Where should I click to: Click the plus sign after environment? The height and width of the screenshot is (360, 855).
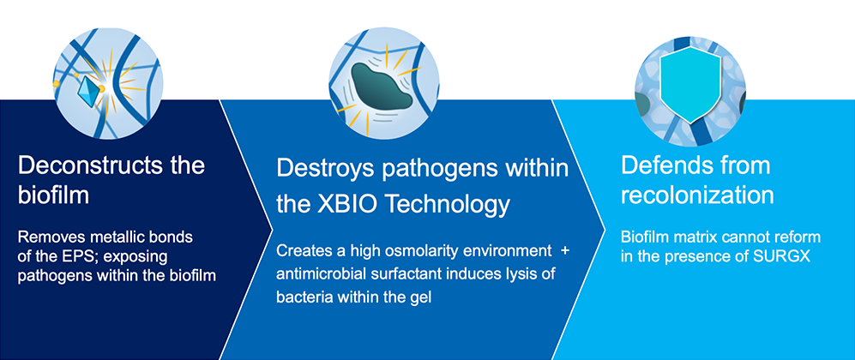[564, 251]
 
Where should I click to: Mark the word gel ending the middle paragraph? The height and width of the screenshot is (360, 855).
[424, 298]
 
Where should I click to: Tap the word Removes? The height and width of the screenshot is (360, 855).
[41, 238]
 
